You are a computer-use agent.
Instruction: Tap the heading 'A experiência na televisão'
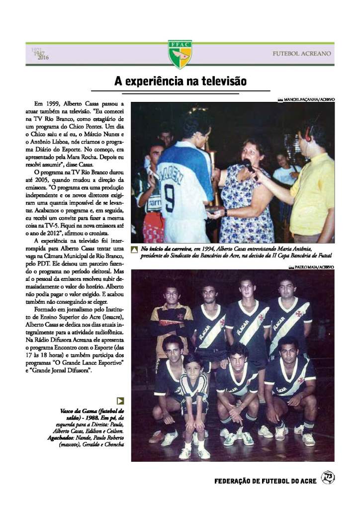tap(180, 81)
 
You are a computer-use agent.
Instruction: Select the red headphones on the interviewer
tap(308, 132)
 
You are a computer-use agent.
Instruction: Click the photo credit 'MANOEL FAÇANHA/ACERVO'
tap(309, 99)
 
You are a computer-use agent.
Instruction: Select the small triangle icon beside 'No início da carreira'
tap(134, 249)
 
